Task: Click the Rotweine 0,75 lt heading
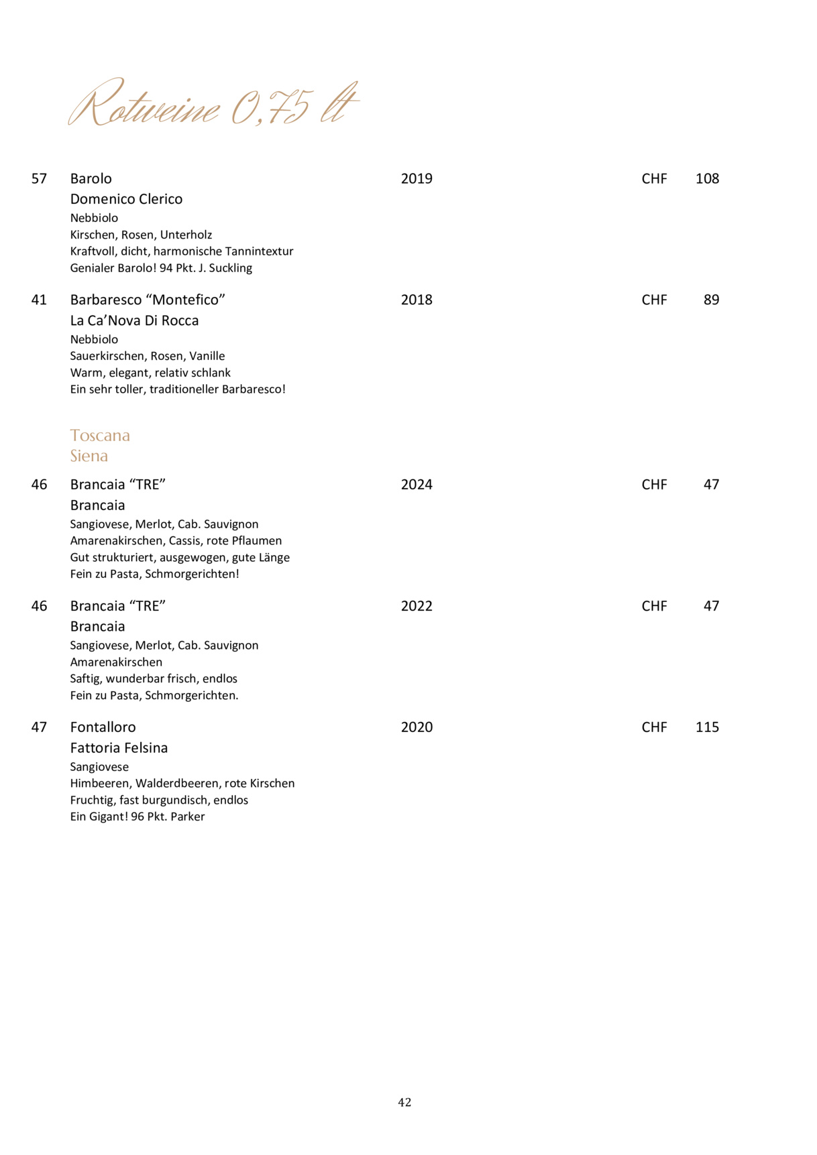[213, 105]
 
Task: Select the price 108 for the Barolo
[707, 179]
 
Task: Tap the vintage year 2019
[417, 179]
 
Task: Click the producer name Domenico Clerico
[126, 199]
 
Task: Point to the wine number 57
[40, 179]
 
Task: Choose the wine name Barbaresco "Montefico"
[148, 300]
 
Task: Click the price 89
[711, 300]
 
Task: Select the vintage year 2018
[417, 300]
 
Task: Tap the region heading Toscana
[100, 436]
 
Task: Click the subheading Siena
[89, 456]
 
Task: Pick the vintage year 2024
[417, 485]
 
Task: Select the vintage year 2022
[417, 606]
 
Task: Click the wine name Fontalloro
[103, 727]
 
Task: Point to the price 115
[707, 727]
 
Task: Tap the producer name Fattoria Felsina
[119, 748]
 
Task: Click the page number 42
[404, 1102]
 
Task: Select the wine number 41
[40, 300]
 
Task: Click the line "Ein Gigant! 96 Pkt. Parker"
[138, 816]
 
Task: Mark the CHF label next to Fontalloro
[654, 727]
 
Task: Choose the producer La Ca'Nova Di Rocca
[134, 320]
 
